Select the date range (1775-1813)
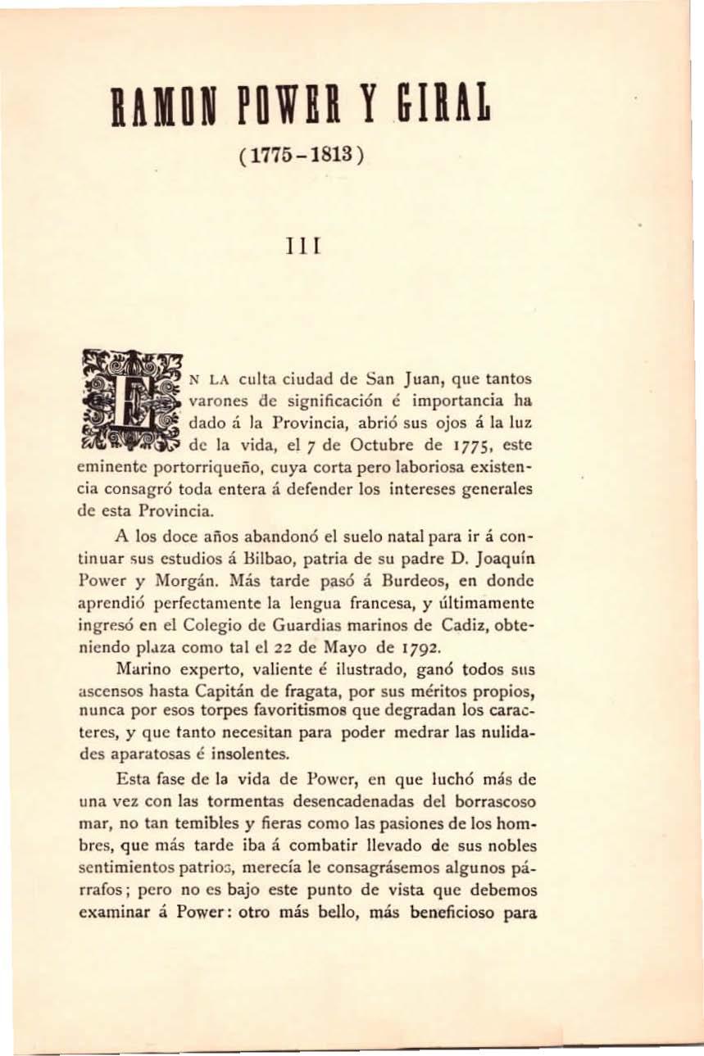pos(298,154)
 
